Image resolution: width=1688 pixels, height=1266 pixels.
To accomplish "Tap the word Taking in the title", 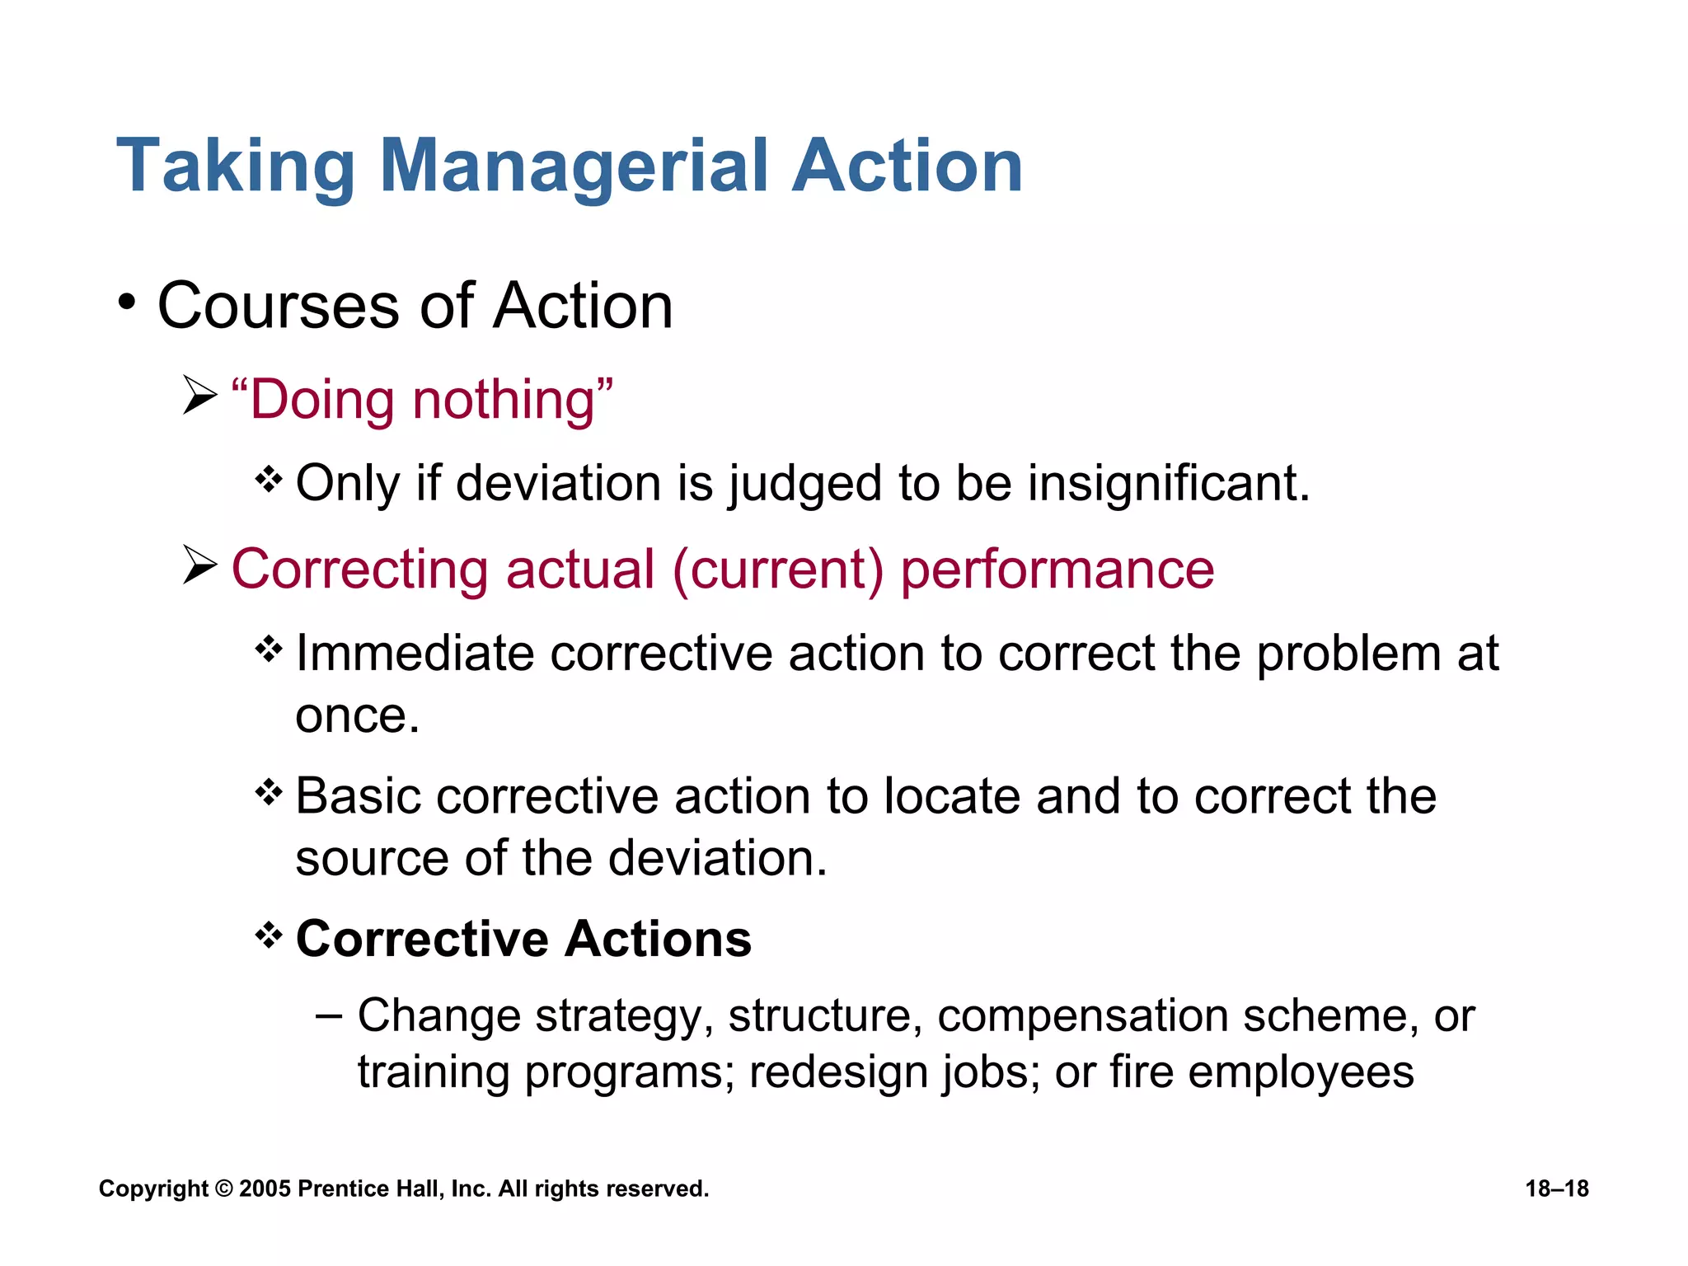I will [236, 167].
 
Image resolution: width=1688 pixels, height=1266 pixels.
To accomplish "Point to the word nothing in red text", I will [513, 401].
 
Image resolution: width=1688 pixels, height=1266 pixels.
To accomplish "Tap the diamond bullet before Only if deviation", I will [269, 479].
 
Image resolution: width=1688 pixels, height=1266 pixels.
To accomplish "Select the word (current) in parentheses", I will [778, 570].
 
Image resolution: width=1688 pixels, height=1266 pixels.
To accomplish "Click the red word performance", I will [1057, 571].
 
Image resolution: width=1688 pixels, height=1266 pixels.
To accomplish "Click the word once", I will [357, 716].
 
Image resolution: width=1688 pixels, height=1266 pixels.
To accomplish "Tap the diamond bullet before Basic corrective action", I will [269, 793].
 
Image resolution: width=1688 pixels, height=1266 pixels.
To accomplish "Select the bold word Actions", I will [659, 939].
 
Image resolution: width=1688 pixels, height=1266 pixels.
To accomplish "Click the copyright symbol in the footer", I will [223, 1189].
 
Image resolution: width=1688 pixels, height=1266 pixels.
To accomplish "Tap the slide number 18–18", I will [1557, 1189].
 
